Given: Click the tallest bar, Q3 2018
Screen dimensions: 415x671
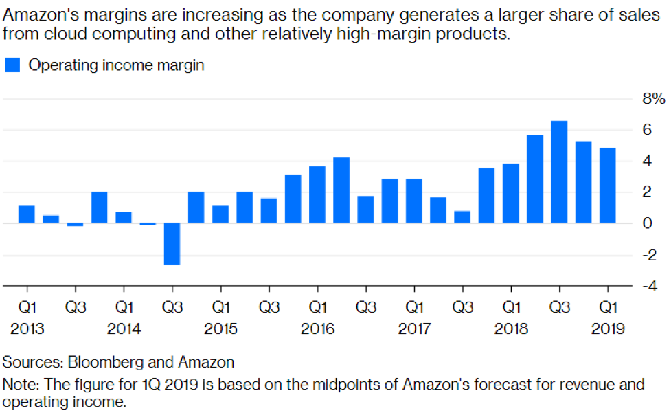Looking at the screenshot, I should (x=559, y=172).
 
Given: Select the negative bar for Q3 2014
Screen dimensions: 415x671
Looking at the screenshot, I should (x=172, y=243).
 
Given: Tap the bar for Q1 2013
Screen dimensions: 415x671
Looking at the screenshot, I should (x=27, y=214).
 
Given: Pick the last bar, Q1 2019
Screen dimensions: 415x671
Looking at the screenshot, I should (x=607, y=186).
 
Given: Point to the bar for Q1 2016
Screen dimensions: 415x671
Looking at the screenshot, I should (x=317, y=194).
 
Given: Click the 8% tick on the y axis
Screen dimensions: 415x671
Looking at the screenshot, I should (x=653, y=100).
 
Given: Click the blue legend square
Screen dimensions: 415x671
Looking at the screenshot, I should (x=12, y=65).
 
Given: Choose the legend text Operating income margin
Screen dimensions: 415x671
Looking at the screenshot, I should (x=117, y=65).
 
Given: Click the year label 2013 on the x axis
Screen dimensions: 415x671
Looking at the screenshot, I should (x=27, y=329).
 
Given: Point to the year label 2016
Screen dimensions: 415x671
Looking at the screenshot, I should (x=317, y=329).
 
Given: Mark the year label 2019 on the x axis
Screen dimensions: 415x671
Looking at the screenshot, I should (x=608, y=329).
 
